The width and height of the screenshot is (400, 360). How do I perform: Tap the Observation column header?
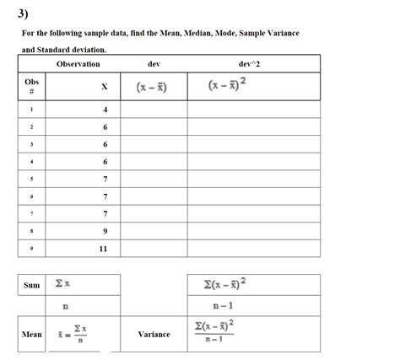78,64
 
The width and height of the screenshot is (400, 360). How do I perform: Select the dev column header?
154,64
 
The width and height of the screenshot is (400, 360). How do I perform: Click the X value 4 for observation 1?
105,109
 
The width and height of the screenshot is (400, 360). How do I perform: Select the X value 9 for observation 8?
105,230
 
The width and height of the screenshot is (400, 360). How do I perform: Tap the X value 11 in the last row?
104,249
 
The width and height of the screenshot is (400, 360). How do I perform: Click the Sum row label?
31,285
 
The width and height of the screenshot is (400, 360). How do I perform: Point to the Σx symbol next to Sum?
62,285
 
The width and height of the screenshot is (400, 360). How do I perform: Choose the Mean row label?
31,334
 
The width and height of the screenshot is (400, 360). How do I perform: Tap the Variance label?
154,334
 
